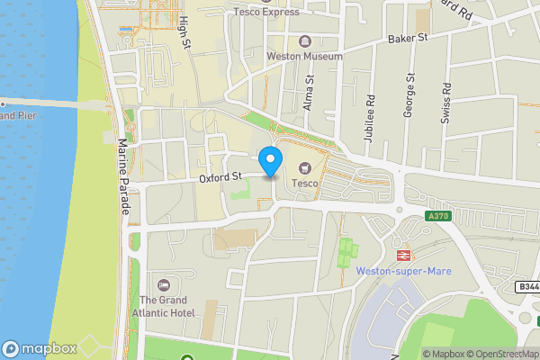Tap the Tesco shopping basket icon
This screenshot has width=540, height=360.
coord(303,166)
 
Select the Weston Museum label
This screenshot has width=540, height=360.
coord(304,56)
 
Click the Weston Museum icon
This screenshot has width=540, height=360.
coord(304,40)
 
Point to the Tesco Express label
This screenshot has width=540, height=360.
coord(266,12)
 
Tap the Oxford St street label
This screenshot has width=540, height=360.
coord(222,178)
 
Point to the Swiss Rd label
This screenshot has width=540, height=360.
coord(446,101)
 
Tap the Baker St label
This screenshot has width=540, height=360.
coord(407,39)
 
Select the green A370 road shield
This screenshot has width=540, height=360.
coord(438,216)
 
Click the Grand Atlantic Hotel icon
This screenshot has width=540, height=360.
coord(162,284)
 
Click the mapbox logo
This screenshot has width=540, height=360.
coord(39,348)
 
